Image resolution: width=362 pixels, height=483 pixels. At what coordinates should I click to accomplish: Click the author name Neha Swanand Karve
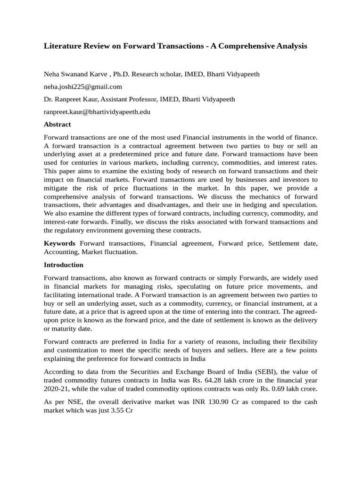[x=76, y=74]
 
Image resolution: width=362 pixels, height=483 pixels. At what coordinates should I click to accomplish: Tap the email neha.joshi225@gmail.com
[x=82, y=86]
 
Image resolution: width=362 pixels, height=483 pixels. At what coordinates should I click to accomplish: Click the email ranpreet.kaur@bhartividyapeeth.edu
[x=97, y=112]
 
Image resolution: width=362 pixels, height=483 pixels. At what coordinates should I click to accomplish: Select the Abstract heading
[x=57, y=125]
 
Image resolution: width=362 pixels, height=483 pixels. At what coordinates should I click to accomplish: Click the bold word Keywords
[x=59, y=243]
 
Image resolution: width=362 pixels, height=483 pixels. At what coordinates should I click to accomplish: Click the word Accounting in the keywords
[x=61, y=252]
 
